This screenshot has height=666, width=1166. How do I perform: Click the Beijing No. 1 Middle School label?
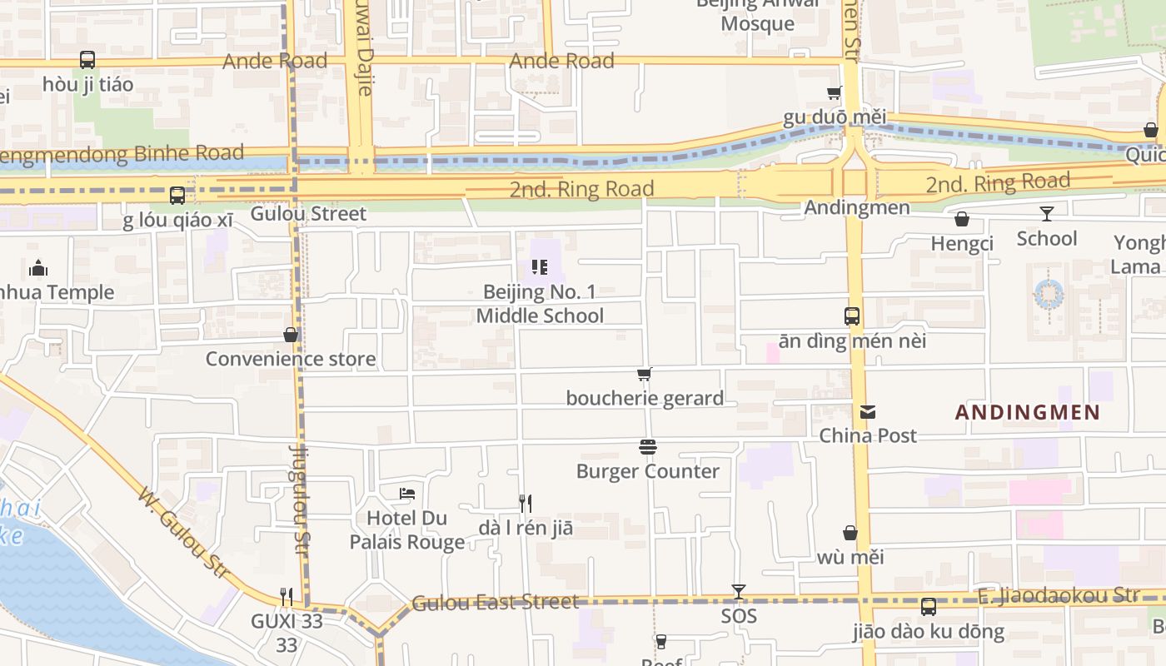coord(540,304)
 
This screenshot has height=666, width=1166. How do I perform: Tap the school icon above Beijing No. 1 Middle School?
coord(540,267)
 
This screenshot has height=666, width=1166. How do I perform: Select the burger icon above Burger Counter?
coord(648,447)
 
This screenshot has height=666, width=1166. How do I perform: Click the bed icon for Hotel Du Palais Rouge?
coord(407,494)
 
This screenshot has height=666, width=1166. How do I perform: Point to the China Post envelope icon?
coord(868,411)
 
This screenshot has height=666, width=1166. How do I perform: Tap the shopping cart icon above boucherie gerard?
coord(644,375)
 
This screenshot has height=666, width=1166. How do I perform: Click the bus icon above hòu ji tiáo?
coord(87,60)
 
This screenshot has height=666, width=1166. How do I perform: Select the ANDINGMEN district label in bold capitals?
coord(1028,412)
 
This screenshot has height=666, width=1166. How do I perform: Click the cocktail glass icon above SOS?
coord(738,592)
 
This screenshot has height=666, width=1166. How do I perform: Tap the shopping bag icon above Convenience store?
coord(291,335)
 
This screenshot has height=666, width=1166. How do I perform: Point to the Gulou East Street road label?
coord(495,602)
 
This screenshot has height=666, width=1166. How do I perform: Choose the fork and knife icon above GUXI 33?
coord(287,596)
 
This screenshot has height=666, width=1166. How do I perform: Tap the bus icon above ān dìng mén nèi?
coord(852,316)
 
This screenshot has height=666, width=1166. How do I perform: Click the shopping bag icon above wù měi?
coord(850,533)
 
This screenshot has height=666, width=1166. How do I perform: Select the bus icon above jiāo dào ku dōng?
coord(929,607)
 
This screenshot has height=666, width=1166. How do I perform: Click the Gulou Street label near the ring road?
coord(308,214)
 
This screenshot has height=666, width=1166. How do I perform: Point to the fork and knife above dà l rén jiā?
coord(526,503)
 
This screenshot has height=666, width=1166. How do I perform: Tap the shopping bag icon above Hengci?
coord(962,219)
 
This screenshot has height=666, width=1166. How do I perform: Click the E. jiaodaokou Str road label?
coord(1058,594)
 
